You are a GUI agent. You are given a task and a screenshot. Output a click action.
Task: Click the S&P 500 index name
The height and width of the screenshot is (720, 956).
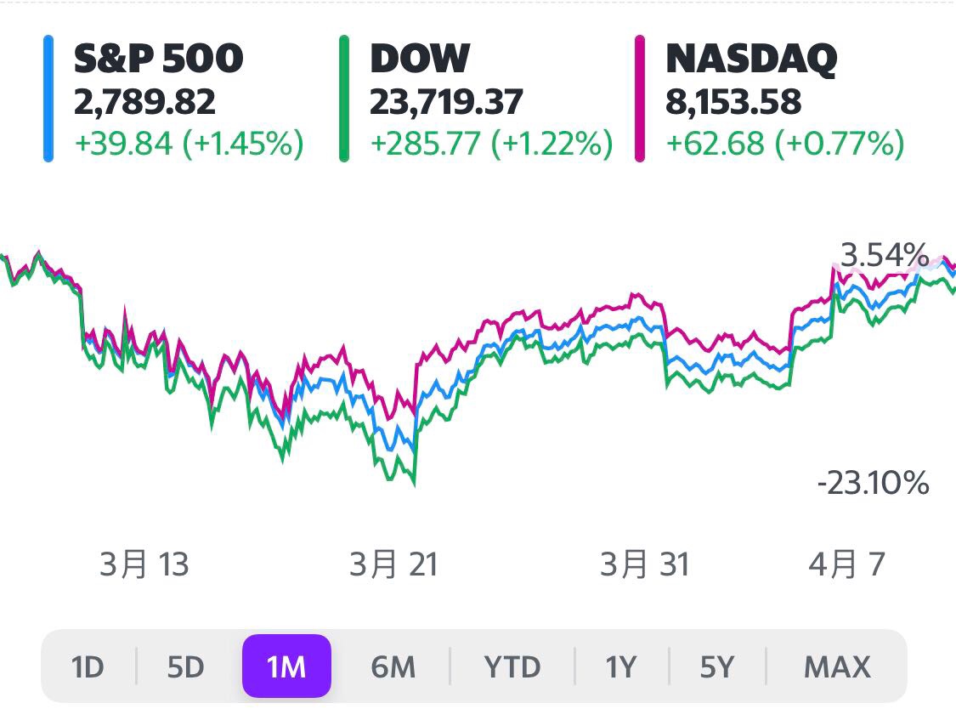coord(158,59)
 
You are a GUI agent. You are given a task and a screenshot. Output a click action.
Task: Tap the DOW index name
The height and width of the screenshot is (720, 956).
coord(420,59)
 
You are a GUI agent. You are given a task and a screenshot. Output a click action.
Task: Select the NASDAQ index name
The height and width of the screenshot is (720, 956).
coord(751,59)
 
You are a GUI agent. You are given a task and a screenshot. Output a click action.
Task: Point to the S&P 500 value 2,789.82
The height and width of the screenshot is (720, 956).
coord(144,102)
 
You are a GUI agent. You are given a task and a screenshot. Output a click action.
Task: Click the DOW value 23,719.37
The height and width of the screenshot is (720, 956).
coord(446,102)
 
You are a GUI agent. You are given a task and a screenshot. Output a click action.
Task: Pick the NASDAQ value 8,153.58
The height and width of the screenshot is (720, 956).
coord(733,102)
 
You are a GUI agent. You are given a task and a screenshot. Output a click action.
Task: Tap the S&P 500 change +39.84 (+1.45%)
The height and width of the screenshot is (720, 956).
coord(189,144)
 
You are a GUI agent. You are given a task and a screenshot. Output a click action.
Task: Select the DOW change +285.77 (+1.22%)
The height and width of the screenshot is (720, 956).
coord(491,144)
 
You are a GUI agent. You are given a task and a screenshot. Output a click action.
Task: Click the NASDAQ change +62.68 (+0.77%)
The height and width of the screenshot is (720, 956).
coord(784,144)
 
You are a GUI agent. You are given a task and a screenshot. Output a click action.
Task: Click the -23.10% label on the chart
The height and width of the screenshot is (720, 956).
coord(873,485)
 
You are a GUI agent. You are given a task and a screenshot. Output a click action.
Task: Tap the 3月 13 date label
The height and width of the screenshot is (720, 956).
coord(144,564)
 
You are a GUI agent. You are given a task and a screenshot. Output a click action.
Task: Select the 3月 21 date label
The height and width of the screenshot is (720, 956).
coord(393,564)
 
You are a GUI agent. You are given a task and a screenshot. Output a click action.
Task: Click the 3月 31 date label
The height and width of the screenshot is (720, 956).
coord(645,564)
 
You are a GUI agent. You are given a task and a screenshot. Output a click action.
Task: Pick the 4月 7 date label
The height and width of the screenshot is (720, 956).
coord(846,564)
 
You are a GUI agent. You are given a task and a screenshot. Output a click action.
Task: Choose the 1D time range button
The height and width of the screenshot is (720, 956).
coord(88,667)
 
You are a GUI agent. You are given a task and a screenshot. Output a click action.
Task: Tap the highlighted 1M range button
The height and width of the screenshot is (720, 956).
coord(286,667)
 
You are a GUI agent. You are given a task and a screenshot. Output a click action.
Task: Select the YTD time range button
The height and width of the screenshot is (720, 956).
coord(512,667)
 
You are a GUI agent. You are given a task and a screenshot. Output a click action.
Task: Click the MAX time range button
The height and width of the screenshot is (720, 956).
coord(837,667)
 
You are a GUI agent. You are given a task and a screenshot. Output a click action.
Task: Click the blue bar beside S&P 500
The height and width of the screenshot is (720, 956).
coord(48,99)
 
